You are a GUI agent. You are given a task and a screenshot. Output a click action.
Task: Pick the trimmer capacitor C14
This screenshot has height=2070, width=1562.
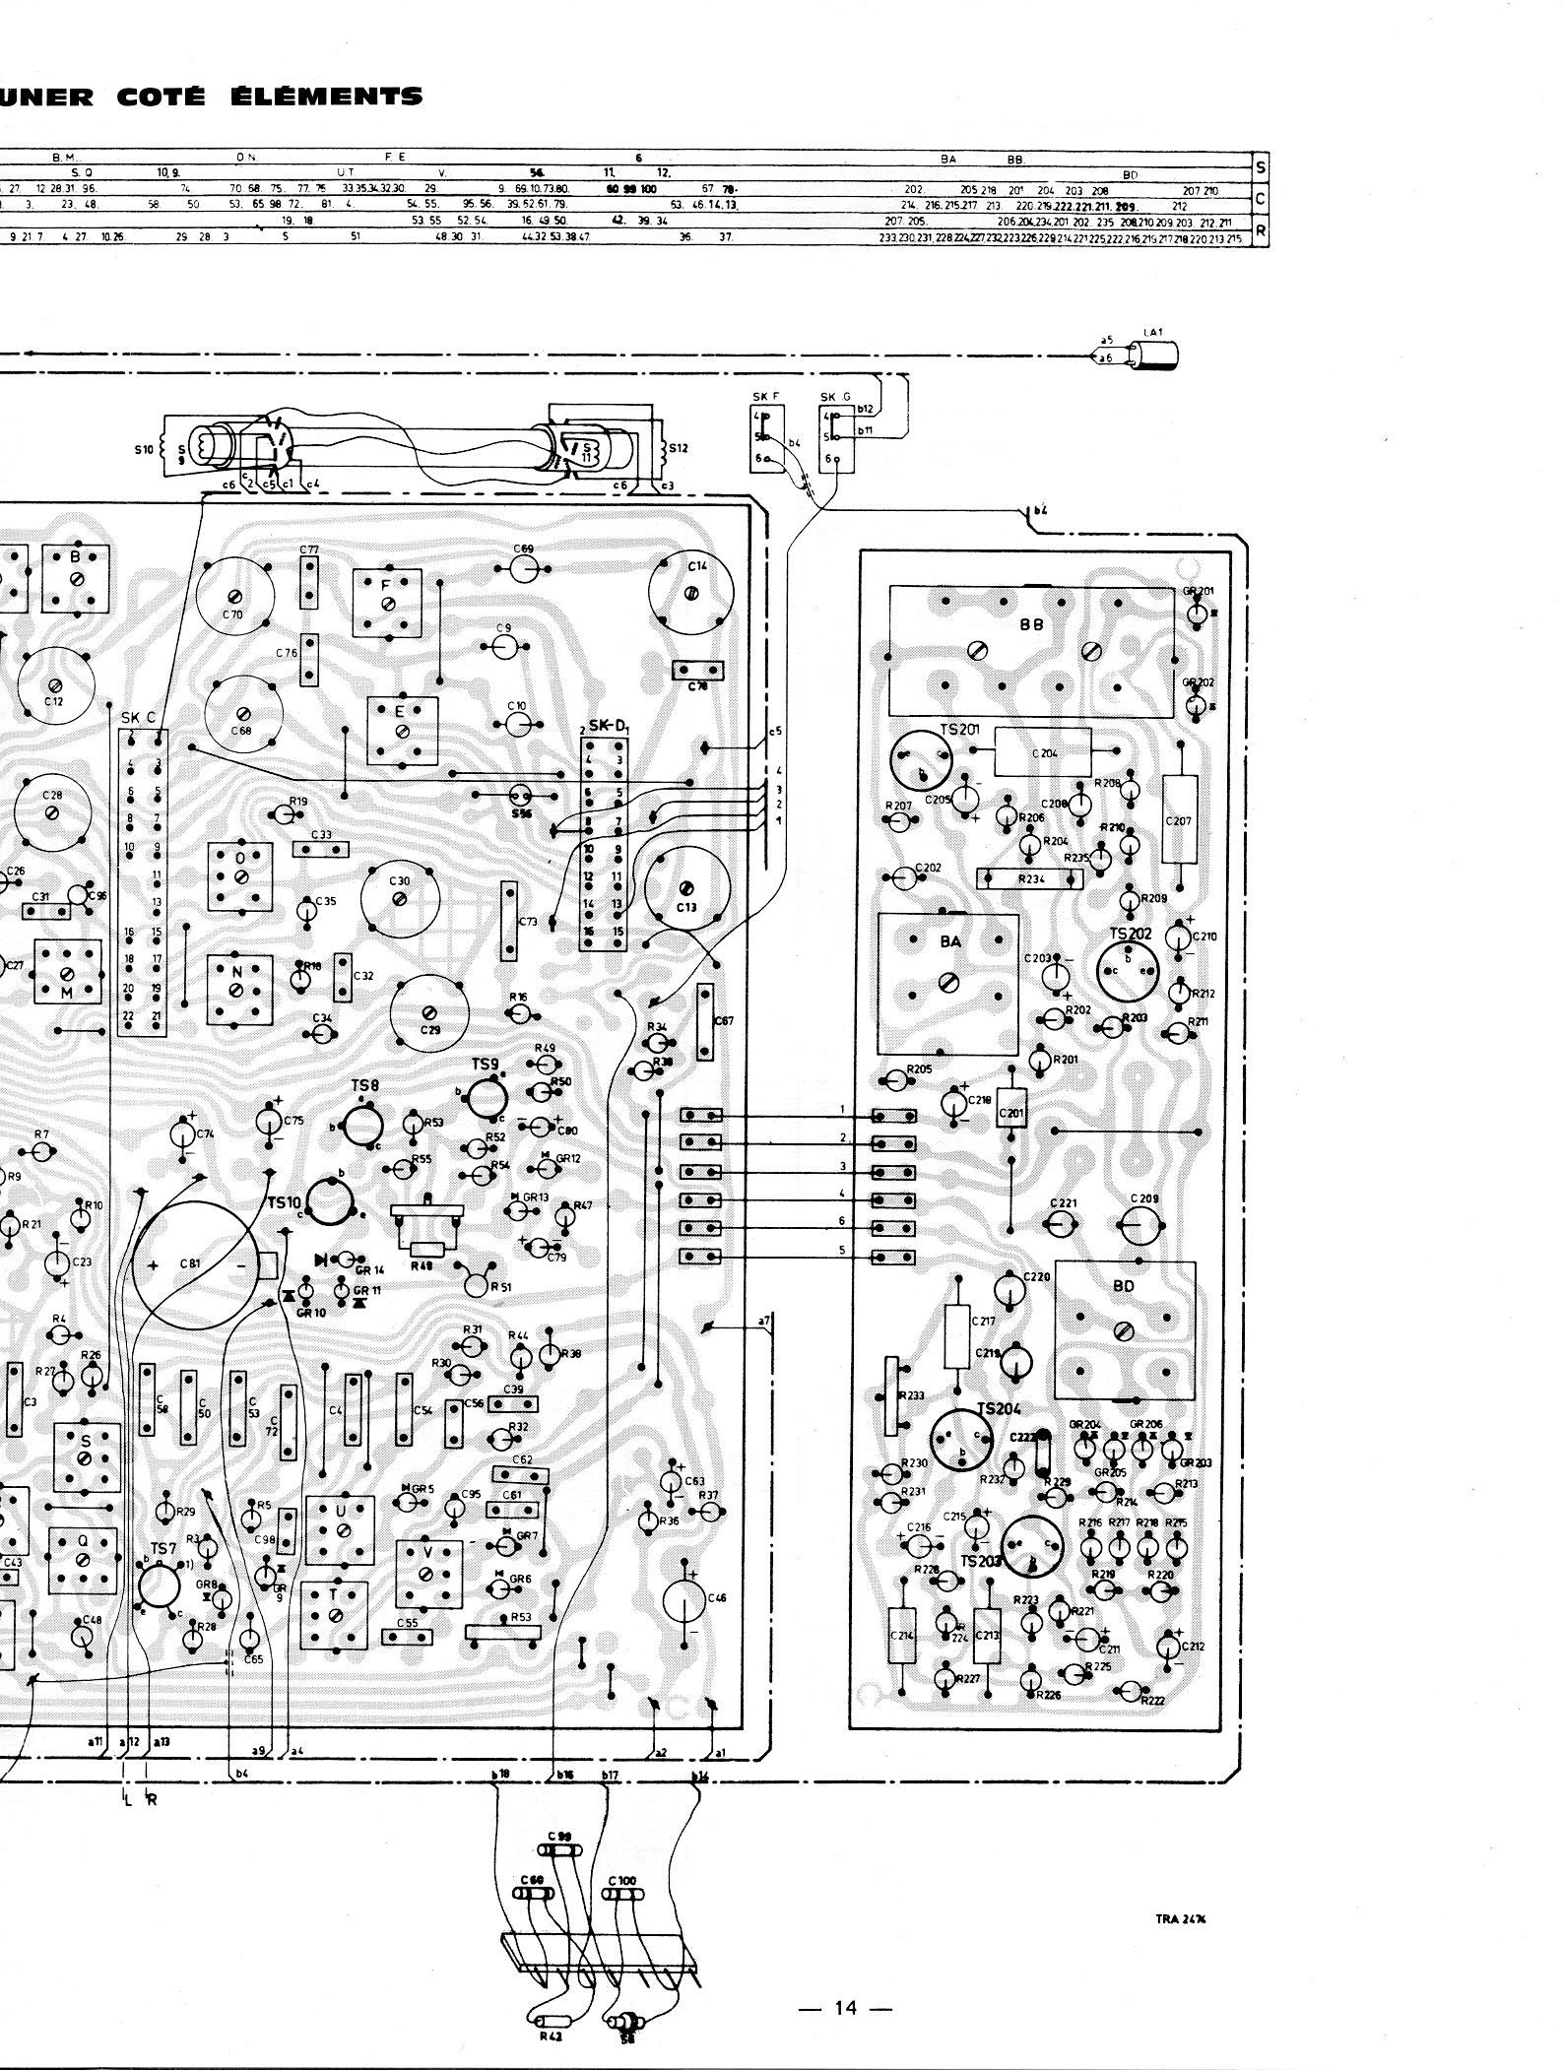click(x=690, y=593)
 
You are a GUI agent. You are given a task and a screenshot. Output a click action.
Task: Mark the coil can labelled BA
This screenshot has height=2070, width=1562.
click(x=947, y=983)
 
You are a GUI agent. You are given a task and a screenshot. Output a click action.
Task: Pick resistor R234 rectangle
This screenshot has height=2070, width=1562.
click(x=1029, y=878)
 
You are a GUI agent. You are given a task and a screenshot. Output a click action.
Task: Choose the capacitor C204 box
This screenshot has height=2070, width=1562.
click(x=1043, y=752)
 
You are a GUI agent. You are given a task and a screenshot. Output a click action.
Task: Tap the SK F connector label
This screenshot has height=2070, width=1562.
click(x=766, y=397)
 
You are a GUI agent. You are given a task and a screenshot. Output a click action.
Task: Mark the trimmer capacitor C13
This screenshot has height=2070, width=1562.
click(x=686, y=889)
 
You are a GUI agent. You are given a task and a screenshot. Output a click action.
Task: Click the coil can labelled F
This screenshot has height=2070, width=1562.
click(x=387, y=602)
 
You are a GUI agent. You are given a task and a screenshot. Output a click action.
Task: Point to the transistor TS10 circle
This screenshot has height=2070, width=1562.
click(x=329, y=1200)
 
